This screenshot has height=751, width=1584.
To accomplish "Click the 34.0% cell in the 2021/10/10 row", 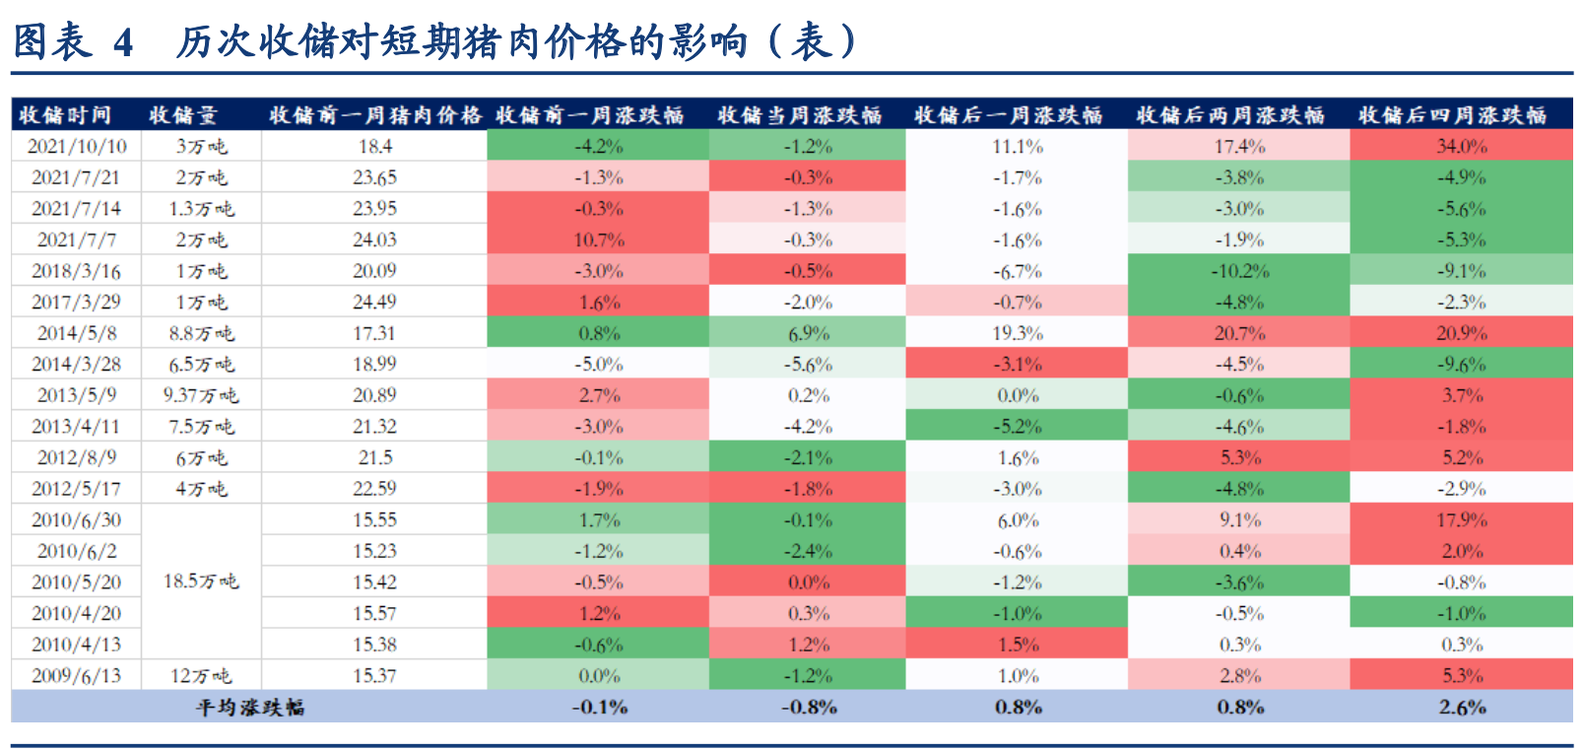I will tap(1462, 146).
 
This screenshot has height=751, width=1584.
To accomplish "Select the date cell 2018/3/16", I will tap(77, 271).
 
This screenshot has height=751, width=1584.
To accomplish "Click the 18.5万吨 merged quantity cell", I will tap(201, 581).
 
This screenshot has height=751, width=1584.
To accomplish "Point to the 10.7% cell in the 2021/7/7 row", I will tap(599, 239).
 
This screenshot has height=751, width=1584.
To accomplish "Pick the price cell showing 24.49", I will tap(374, 302).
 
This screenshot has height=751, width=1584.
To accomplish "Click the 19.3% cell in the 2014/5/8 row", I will tap(1018, 333).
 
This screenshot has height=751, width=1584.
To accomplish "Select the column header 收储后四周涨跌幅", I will tap(1452, 115).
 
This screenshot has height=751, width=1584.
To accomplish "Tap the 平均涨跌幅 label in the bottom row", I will tap(250, 707).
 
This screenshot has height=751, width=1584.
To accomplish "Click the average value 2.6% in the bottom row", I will tap(1462, 707).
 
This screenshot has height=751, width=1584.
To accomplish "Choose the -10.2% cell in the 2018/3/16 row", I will tap(1239, 271).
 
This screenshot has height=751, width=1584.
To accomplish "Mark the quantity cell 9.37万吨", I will tap(201, 395).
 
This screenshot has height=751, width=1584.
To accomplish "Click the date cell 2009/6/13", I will tap(77, 676).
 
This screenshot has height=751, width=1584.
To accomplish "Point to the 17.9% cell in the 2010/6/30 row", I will tap(1462, 519).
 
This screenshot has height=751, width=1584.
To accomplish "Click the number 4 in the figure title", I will tap(123, 42).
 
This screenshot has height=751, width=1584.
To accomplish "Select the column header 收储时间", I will tap(65, 115).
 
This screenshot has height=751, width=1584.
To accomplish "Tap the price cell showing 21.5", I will tap(374, 457).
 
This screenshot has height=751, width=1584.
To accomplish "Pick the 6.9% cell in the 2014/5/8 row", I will tap(808, 333).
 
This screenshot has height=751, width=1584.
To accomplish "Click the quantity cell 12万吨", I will tap(201, 676).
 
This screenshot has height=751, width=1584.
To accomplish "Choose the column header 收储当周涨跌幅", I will tap(799, 115).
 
